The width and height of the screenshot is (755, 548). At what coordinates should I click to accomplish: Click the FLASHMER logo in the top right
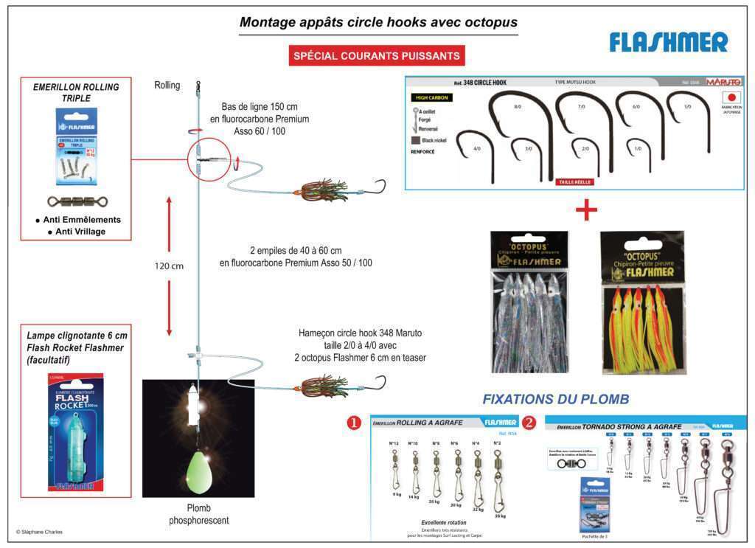pyautogui.click(x=668, y=43)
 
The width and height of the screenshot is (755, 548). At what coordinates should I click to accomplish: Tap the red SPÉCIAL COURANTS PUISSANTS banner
pyautogui.click(x=377, y=55)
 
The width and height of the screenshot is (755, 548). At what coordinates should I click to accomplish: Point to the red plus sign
pyautogui.click(x=586, y=210)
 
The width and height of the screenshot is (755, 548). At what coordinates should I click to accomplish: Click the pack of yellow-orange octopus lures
pyautogui.click(x=641, y=302)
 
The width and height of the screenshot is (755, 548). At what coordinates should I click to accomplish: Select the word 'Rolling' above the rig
pyautogui.click(x=167, y=85)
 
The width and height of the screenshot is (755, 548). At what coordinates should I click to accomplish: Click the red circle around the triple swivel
pyautogui.click(x=209, y=157)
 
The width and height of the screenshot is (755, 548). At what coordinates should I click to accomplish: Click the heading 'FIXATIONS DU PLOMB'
pyautogui.click(x=555, y=399)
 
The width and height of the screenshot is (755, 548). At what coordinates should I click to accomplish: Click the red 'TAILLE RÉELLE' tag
pyautogui.click(x=576, y=181)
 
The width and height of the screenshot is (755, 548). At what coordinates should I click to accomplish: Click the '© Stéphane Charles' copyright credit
pyautogui.click(x=41, y=531)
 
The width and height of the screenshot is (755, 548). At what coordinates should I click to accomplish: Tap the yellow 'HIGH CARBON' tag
pyautogui.click(x=431, y=97)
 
